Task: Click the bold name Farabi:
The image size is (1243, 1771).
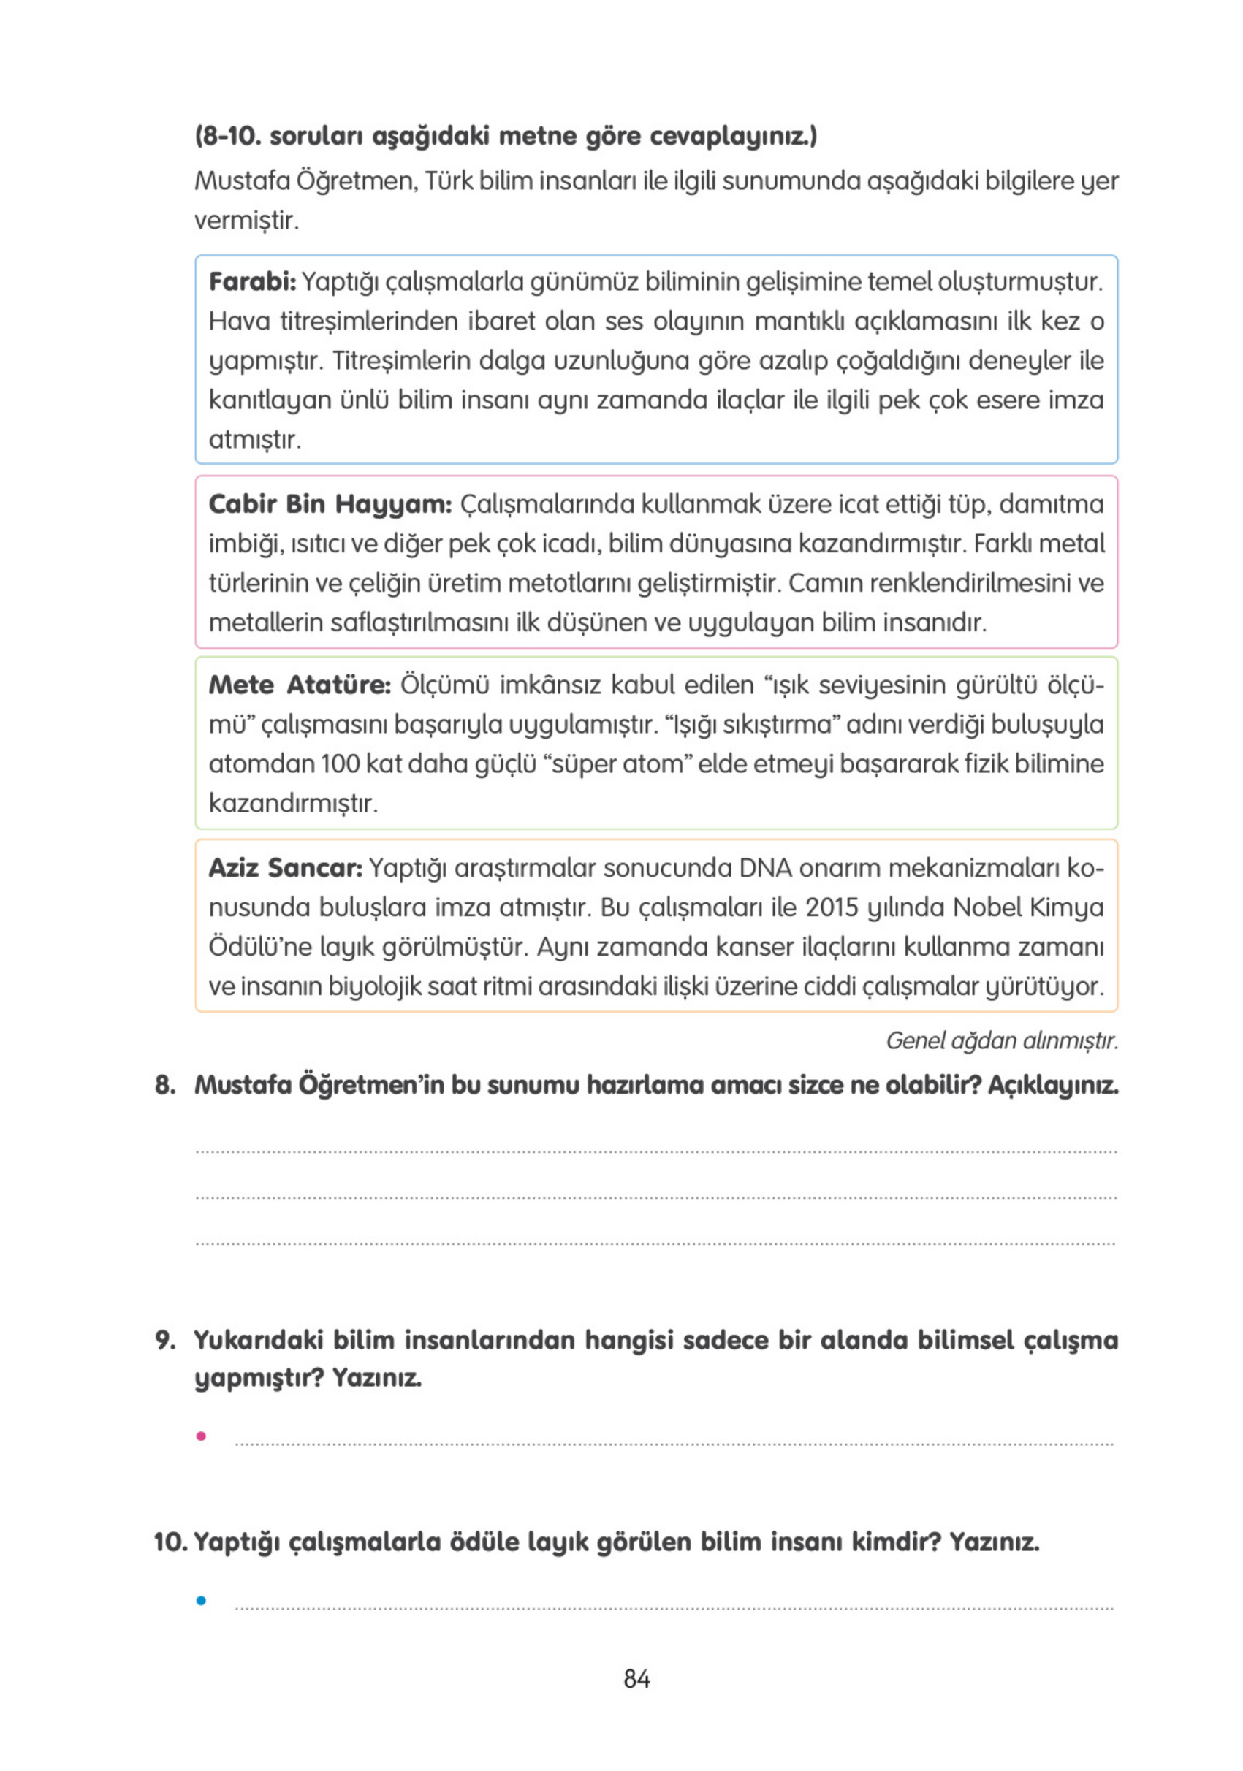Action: coord(251,281)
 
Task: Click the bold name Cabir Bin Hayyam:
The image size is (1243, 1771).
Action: coord(330,503)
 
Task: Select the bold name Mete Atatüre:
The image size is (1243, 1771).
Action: coord(300,685)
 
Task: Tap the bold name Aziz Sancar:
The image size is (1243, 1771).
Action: coord(285,868)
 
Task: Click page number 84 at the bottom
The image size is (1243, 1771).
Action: coord(636,1678)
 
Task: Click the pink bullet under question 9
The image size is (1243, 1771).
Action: coord(202,1436)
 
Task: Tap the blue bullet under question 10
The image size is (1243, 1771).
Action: coord(202,1601)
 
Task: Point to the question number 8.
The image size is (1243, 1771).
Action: coord(164,1085)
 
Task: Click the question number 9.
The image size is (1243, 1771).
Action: coord(164,1340)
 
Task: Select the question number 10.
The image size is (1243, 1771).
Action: coord(170,1542)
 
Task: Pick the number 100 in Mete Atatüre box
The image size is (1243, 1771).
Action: coord(341,764)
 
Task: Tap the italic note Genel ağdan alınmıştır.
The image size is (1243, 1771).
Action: coord(1000,1040)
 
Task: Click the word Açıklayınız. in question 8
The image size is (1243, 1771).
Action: coord(1052,1085)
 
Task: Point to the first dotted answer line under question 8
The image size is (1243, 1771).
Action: coord(655,1151)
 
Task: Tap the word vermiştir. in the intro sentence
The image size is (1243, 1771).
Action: coord(246,221)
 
